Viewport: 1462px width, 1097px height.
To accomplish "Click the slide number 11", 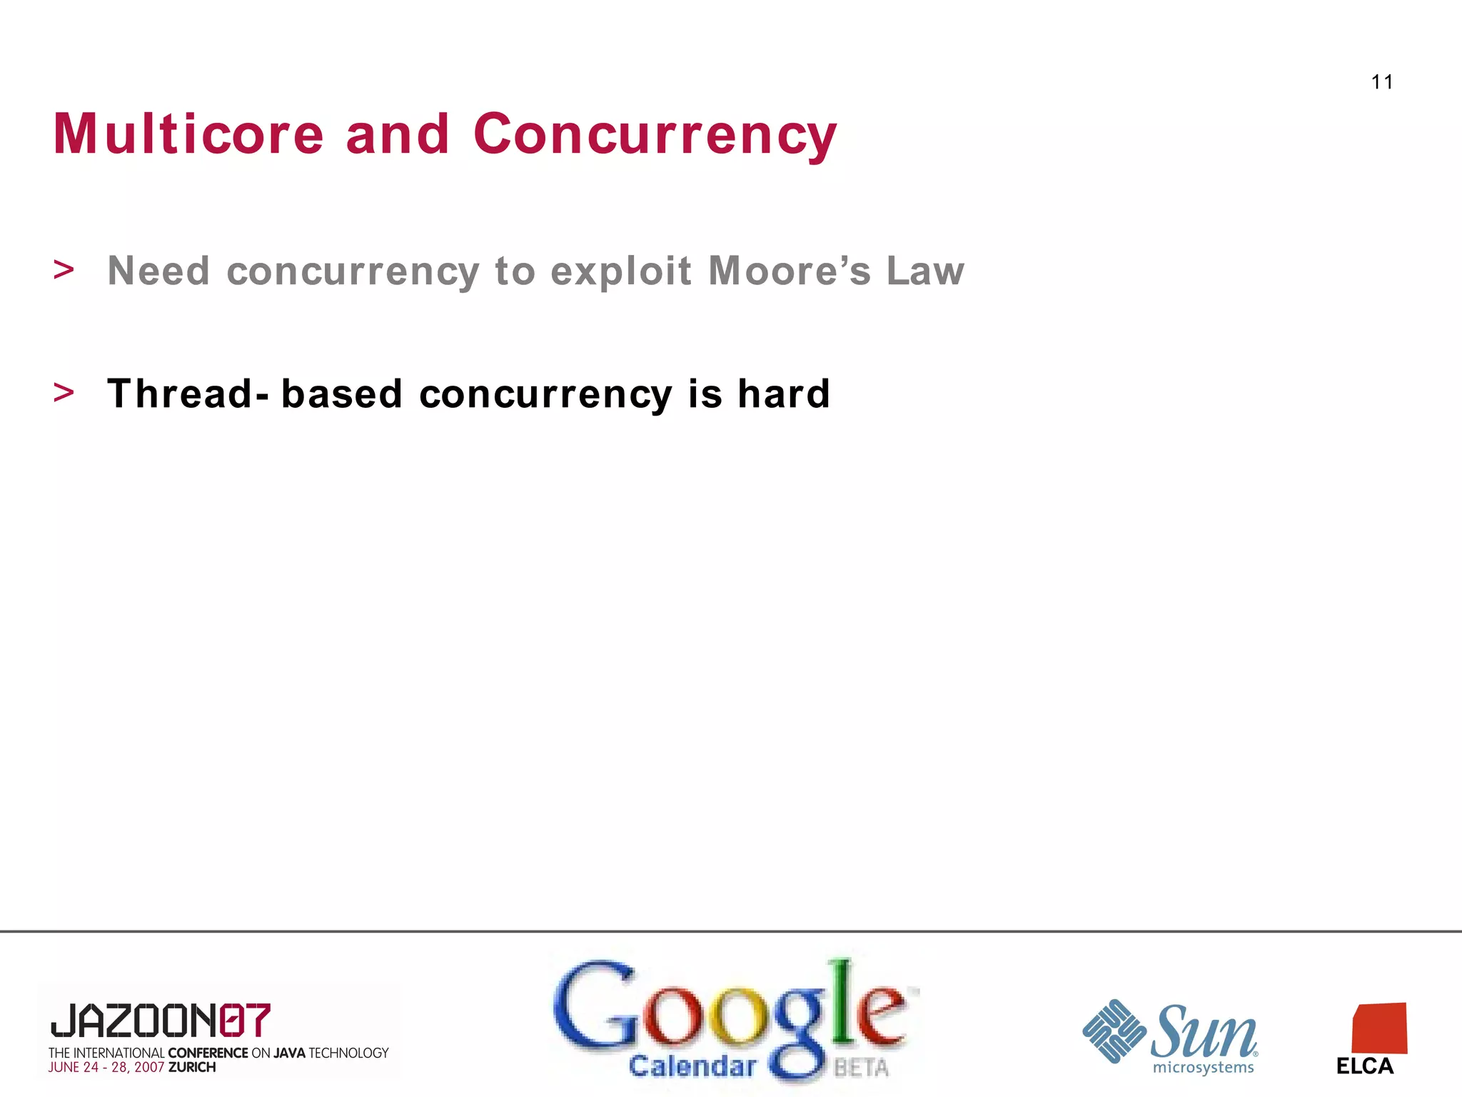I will [1381, 82].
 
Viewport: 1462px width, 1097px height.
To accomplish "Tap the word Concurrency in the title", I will [655, 135].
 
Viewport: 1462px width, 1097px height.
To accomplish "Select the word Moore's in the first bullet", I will [789, 271].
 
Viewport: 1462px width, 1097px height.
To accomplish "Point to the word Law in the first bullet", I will [925, 271].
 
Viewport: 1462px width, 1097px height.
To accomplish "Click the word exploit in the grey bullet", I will [621, 272].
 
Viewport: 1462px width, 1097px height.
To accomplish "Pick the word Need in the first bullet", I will [158, 271].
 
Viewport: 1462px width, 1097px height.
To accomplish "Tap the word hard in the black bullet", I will [783, 394].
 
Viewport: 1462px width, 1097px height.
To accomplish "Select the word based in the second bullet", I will [342, 394].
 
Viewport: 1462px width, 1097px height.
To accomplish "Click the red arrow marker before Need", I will [64, 270].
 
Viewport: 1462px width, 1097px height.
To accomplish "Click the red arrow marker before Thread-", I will [64, 393].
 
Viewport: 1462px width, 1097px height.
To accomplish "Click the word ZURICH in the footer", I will [191, 1067].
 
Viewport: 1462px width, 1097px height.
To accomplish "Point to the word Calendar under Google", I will [692, 1066].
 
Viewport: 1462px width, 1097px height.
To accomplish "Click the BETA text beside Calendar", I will [861, 1068].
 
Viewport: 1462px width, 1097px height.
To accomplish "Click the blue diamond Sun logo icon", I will [1114, 1031].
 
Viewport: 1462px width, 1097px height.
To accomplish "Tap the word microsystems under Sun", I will [1203, 1068].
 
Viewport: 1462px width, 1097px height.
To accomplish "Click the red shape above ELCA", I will [1379, 1028].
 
